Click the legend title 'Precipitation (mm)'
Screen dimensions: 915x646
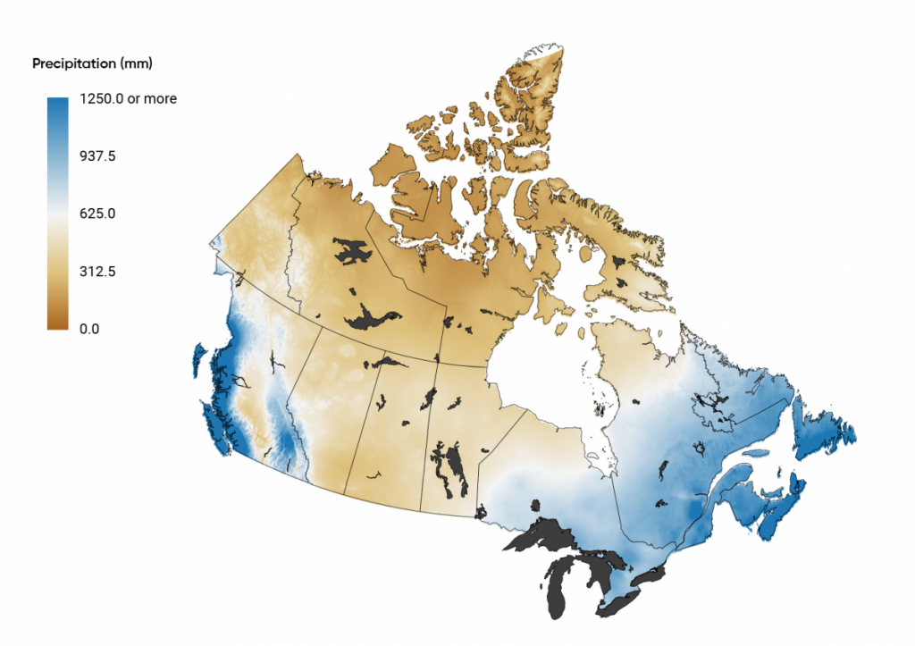click(92, 63)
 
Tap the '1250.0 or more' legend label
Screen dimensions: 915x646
click(129, 99)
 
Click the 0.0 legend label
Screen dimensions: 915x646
click(89, 328)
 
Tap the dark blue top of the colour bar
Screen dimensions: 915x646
click(57, 104)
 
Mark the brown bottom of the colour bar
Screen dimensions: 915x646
click(57, 323)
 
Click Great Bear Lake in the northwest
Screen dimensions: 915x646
click(351, 250)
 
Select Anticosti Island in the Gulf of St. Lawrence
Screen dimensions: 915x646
click(756, 453)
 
